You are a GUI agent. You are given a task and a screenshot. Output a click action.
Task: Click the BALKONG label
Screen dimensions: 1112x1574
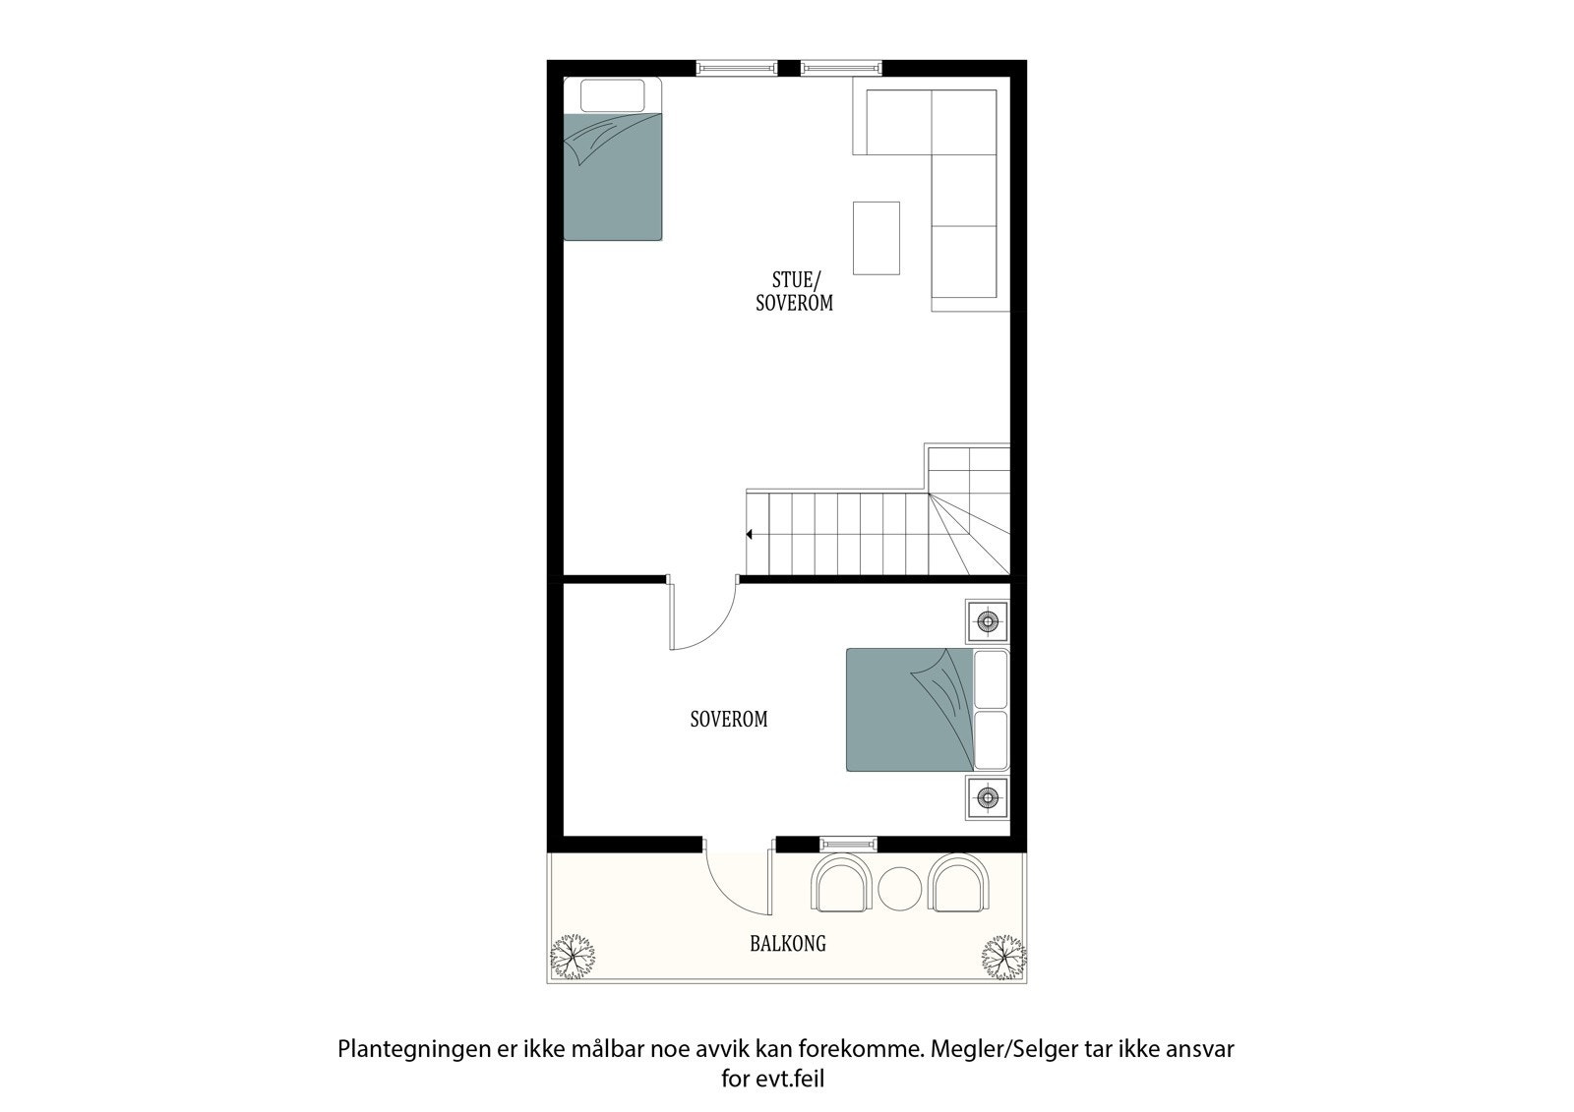(787, 944)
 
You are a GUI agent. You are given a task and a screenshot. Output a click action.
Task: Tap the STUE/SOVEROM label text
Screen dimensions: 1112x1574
(794, 292)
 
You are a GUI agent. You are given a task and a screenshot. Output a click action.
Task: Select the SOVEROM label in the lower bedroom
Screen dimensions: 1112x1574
(728, 720)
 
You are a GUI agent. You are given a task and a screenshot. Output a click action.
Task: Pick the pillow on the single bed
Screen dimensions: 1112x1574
(612, 95)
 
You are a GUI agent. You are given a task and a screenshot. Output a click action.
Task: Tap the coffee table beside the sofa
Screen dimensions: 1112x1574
(876, 237)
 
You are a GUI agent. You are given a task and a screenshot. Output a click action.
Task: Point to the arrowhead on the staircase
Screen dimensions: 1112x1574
(750, 534)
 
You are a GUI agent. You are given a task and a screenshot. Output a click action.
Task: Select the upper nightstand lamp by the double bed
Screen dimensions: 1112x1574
(988, 621)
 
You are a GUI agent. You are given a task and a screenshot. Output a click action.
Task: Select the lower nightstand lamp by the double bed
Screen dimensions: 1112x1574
(988, 796)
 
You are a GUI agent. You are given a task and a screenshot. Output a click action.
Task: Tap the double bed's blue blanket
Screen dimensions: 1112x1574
(905, 710)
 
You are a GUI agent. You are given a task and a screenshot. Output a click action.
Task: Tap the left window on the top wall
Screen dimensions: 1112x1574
(736, 68)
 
